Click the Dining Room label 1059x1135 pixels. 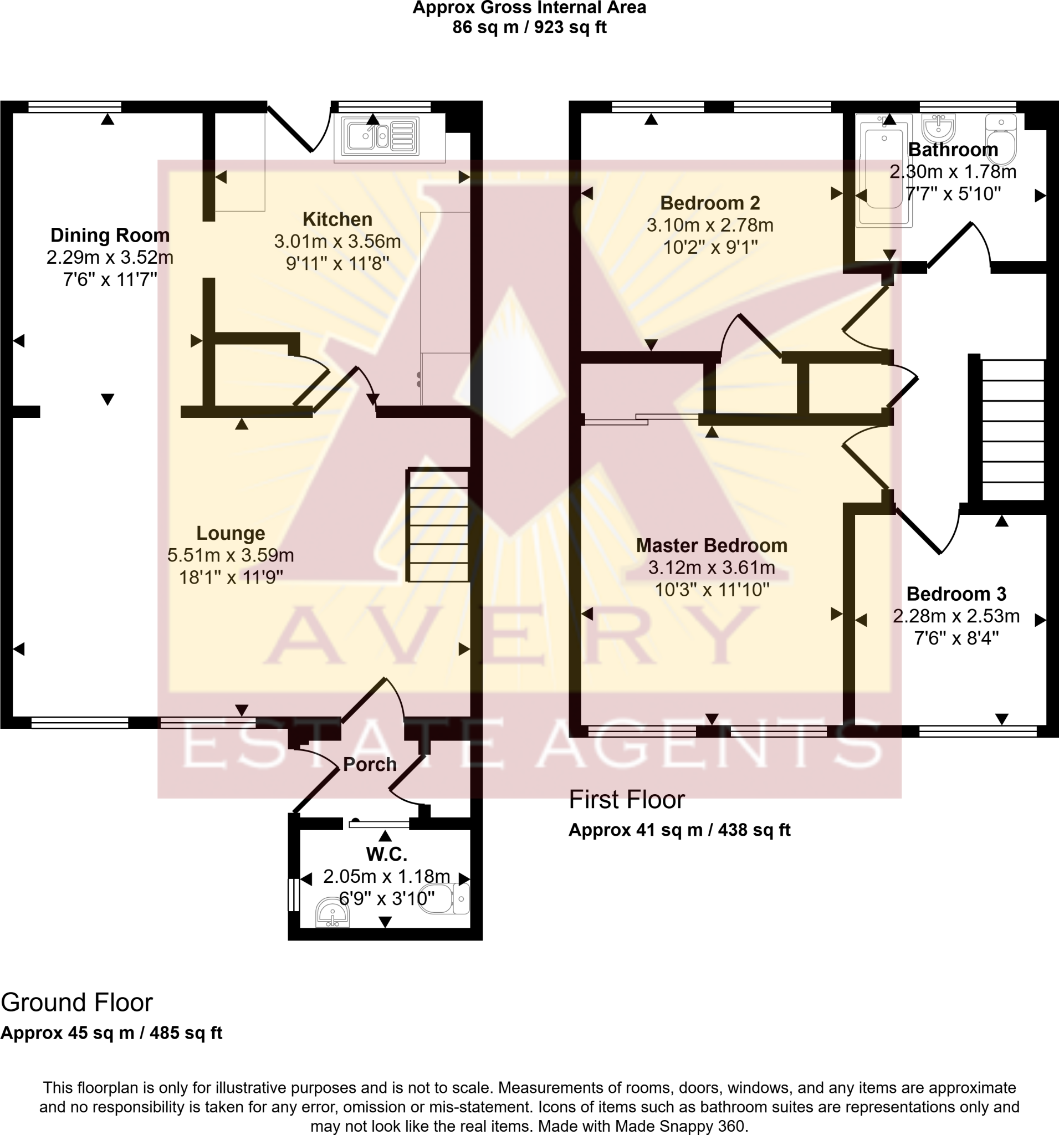(110, 235)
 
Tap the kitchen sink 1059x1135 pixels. (380, 136)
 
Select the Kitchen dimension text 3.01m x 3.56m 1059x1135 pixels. (337, 242)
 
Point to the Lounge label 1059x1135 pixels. (231, 533)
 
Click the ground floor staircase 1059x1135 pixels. (438, 525)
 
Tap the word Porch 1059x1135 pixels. (370, 764)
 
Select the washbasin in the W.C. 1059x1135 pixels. (332, 913)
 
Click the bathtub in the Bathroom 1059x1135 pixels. (884, 169)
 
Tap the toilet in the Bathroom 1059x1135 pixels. (1001, 138)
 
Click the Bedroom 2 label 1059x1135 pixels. (710, 203)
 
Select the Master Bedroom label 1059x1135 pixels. (712, 545)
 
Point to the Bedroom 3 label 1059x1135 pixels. (956, 594)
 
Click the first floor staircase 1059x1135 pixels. (1011, 429)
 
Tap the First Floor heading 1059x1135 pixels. (626, 800)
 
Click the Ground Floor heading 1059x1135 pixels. (76, 1002)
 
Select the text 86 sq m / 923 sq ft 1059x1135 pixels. (529, 27)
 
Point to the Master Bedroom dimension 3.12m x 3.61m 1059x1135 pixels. (712, 567)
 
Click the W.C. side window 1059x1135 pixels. (294, 894)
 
